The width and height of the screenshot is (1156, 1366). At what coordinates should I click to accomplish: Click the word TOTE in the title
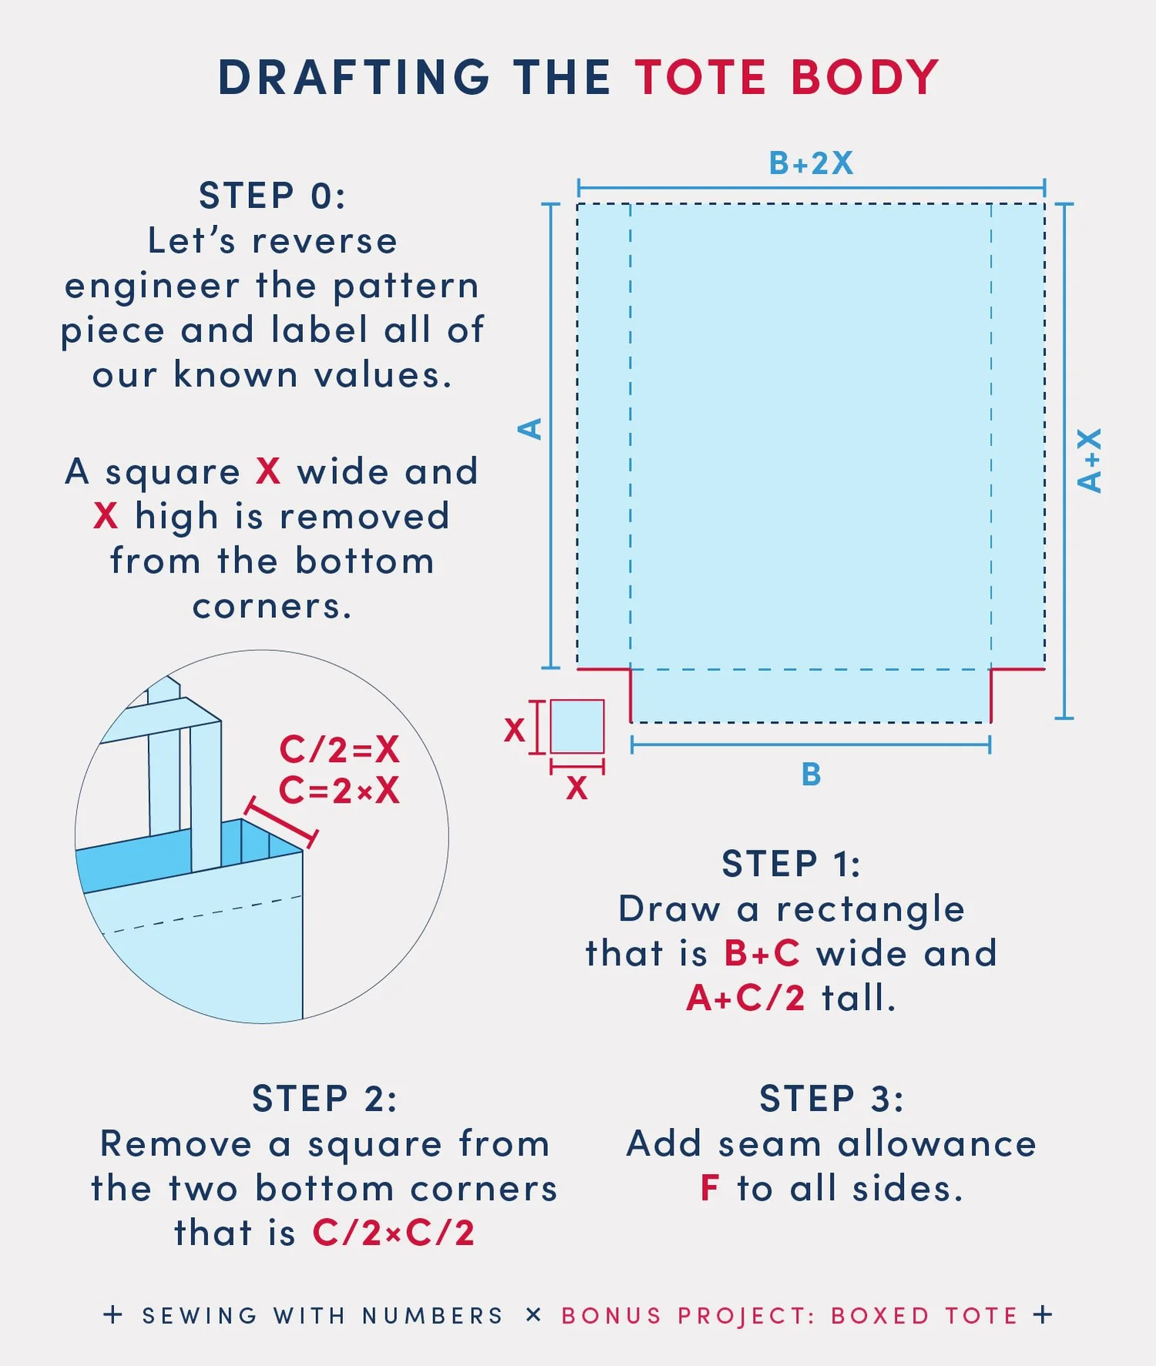[x=701, y=78]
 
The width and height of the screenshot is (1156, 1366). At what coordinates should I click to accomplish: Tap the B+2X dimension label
[x=811, y=163]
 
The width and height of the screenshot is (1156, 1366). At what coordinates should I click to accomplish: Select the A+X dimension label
[x=1090, y=461]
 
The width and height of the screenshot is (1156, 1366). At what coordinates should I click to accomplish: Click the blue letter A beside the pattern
[x=530, y=429]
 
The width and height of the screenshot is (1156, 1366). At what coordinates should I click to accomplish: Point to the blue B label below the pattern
[x=811, y=774]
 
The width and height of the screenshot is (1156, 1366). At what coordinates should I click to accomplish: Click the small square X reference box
[x=577, y=726]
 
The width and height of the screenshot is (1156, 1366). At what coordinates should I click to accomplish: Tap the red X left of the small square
[x=514, y=729]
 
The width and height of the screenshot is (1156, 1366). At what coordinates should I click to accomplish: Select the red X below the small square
[x=576, y=788]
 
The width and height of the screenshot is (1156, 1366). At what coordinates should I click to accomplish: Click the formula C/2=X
[x=339, y=749]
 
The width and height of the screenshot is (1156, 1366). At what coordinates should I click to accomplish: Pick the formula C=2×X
[x=339, y=790]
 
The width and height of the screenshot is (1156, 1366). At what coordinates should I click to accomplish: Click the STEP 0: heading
[x=272, y=196]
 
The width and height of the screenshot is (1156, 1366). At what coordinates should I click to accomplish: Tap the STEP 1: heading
[x=791, y=864]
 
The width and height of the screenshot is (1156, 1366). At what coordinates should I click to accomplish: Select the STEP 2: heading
[x=324, y=1099]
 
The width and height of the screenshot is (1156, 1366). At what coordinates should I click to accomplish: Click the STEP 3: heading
[x=832, y=1099]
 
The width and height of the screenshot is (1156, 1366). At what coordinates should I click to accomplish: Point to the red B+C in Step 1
[x=762, y=953]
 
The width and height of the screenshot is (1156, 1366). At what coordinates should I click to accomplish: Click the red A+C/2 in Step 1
[x=745, y=998]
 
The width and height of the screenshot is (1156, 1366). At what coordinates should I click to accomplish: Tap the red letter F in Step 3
[x=710, y=1188]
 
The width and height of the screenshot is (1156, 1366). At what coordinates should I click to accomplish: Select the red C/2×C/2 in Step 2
[x=393, y=1233]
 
